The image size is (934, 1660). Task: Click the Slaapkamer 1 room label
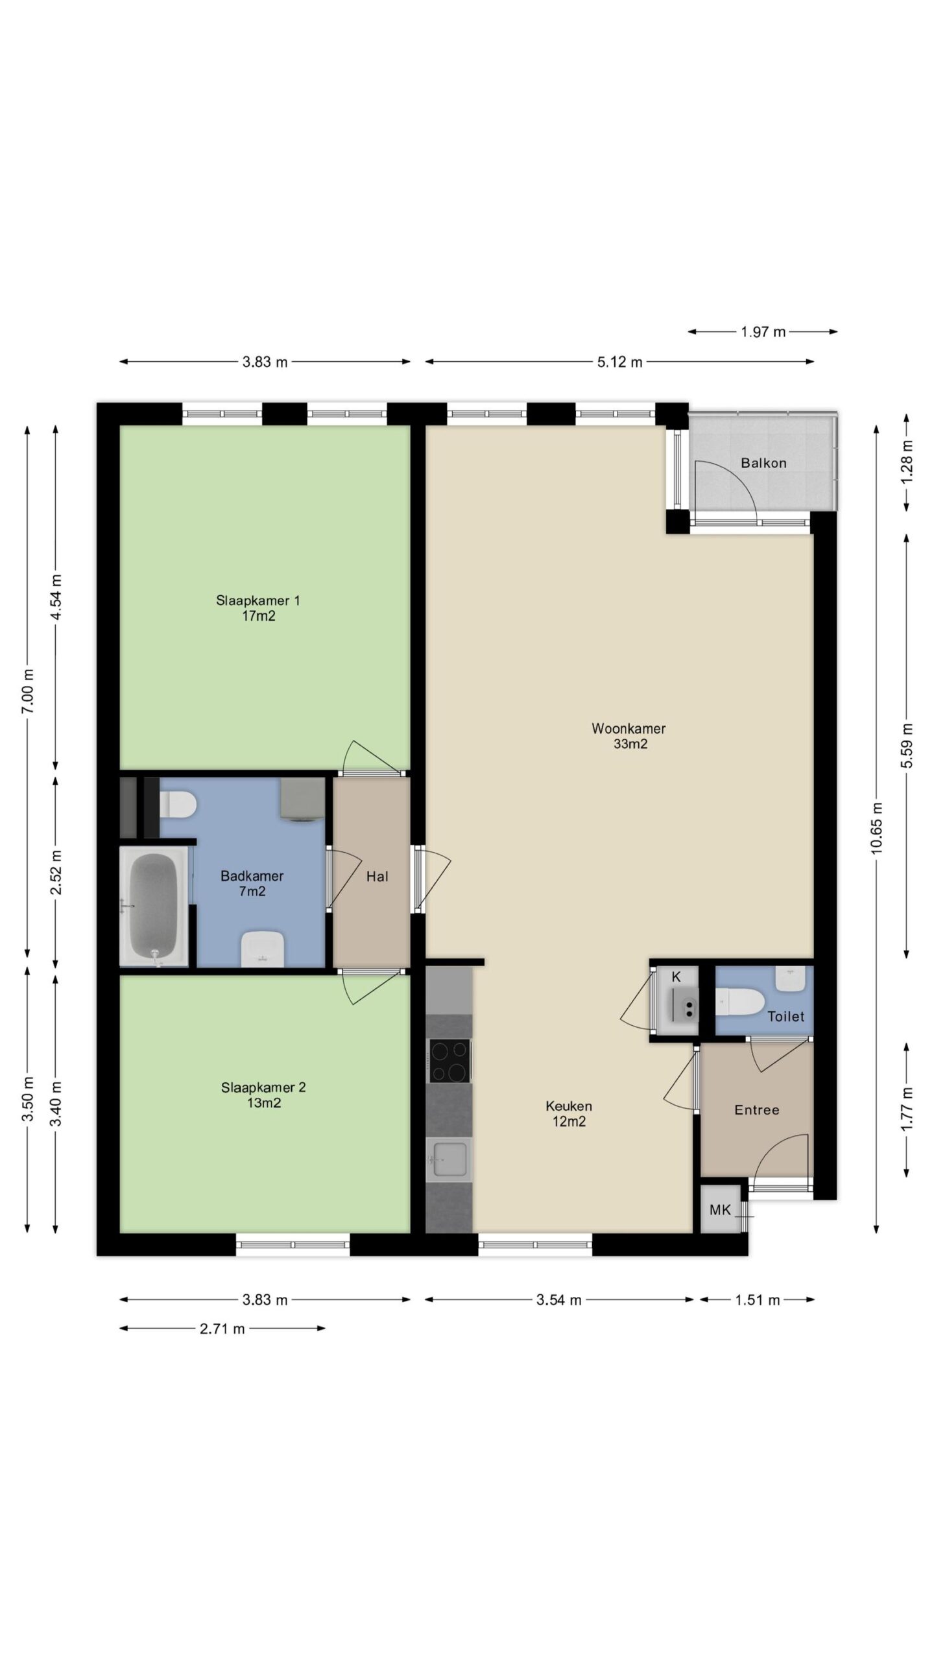[x=258, y=608]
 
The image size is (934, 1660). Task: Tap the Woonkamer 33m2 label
[x=629, y=736]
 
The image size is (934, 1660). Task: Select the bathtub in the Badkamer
[x=154, y=908]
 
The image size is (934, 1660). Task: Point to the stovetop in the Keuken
[x=449, y=1061]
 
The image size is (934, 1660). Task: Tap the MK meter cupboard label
[x=720, y=1209]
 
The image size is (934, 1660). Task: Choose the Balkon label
[x=763, y=463]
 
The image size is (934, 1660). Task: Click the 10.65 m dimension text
[x=877, y=828]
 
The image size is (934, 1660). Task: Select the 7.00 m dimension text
[x=27, y=691]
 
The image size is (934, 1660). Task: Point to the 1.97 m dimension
[x=763, y=332]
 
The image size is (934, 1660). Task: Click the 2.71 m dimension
[x=222, y=1329]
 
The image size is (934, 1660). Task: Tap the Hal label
[x=377, y=877]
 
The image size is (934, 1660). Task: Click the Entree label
[x=756, y=1110]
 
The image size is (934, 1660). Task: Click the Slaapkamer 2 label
[x=263, y=1095]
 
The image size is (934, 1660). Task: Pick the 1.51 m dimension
[x=757, y=1299]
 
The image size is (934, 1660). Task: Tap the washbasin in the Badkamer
[x=263, y=948]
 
